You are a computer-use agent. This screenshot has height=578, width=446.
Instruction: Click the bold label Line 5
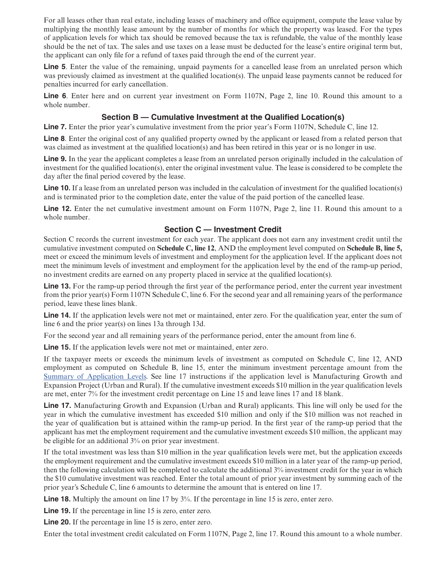(x=54, y=67)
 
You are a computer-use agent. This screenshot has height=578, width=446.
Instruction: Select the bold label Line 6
(x=54, y=96)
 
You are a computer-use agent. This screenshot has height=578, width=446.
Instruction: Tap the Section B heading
(x=223, y=117)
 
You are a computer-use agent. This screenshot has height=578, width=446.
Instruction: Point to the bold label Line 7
(x=55, y=127)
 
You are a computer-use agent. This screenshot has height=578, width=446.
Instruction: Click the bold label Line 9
(x=55, y=159)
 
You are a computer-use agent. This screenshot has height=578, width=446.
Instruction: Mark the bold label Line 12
(x=57, y=209)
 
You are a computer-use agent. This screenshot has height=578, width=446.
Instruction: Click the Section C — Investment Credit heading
(x=223, y=229)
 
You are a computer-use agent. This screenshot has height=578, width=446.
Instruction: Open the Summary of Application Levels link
(x=95, y=376)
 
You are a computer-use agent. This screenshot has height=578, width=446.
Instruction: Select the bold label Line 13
(x=57, y=286)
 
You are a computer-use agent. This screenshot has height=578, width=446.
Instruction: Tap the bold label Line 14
(x=57, y=315)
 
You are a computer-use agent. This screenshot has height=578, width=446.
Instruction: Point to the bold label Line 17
(x=57, y=406)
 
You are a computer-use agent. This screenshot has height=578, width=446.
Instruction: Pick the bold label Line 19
(x=57, y=511)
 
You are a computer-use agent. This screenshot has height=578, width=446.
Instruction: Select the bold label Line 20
(x=57, y=522)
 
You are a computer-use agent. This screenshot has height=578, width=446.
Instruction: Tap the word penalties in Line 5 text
(x=58, y=85)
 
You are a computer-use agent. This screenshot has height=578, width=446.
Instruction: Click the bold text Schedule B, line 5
(x=374, y=248)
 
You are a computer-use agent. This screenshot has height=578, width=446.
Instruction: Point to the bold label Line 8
(x=54, y=139)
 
